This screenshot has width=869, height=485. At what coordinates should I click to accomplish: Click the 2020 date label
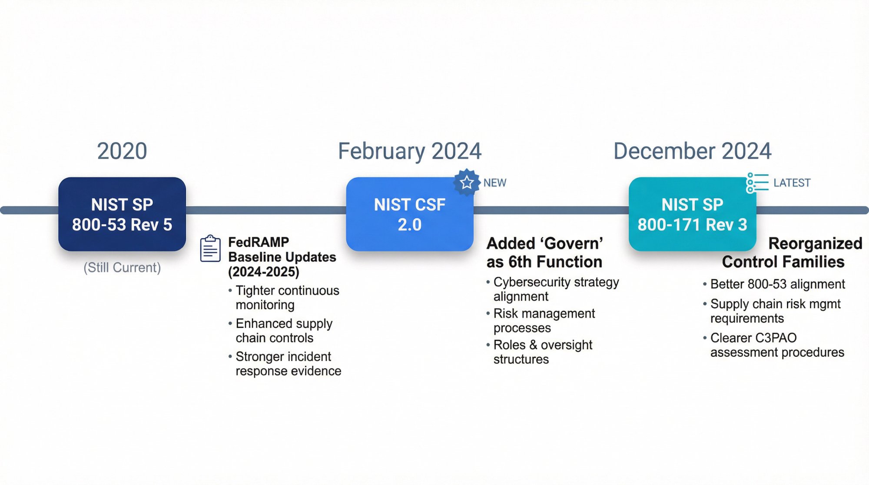pyautogui.click(x=122, y=151)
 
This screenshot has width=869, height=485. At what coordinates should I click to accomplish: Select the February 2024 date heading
pyautogui.click(x=409, y=151)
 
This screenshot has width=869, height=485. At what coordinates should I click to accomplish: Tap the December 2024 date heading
pyautogui.click(x=692, y=151)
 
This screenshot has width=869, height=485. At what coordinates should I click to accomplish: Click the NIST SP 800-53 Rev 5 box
pyautogui.click(x=122, y=214)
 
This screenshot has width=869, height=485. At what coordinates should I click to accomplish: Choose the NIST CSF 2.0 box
pyautogui.click(x=409, y=214)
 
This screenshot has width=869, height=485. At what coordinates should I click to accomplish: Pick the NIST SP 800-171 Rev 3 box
pyautogui.click(x=692, y=214)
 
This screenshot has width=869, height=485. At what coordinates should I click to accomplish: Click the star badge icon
pyautogui.click(x=467, y=182)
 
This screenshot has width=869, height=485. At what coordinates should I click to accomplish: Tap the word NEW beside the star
pyautogui.click(x=494, y=183)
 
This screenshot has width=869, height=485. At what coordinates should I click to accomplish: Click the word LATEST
pyautogui.click(x=792, y=183)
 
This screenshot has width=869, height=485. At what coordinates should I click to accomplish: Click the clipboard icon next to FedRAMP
pyautogui.click(x=210, y=249)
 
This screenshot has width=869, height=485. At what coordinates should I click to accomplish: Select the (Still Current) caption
pyautogui.click(x=122, y=267)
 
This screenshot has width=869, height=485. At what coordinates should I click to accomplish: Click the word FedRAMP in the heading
pyautogui.click(x=259, y=242)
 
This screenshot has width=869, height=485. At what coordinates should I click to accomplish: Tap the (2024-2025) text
pyautogui.click(x=264, y=272)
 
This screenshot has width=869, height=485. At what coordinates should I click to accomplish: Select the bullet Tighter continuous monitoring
pyautogui.click(x=287, y=297)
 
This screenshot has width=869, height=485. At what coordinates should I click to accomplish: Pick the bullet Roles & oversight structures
pyautogui.click(x=542, y=352)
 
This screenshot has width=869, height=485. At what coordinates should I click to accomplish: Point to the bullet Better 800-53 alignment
pyautogui.click(x=777, y=284)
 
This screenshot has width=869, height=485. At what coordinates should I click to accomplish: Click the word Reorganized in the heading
pyautogui.click(x=815, y=243)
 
